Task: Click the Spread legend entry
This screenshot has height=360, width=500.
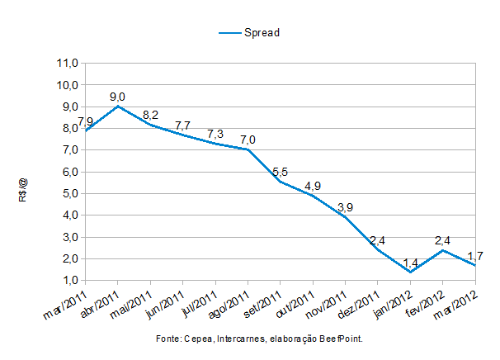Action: tap(262, 33)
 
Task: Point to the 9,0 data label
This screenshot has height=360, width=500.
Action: tap(119, 97)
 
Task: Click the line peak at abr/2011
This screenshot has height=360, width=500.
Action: tap(119, 106)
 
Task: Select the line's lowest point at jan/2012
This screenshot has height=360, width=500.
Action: tap(411, 272)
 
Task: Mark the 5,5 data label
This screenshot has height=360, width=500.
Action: tap(281, 172)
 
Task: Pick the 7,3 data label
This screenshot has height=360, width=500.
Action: tap(216, 134)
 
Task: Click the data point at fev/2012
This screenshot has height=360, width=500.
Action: tap(443, 250)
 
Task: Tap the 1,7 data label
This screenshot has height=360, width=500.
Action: tap(474, 256)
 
